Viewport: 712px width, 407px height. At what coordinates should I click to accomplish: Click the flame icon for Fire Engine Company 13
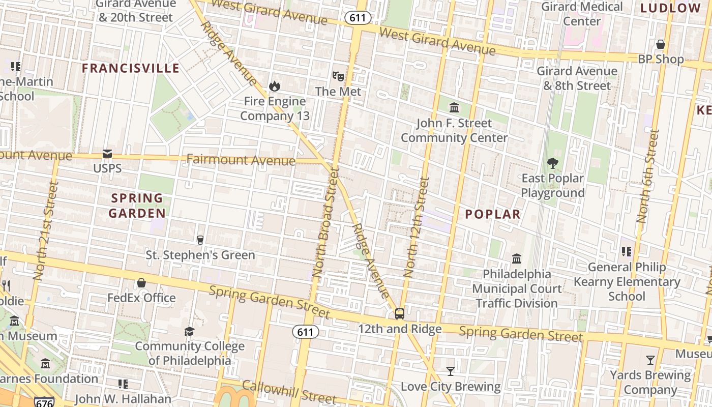tap(275, 86)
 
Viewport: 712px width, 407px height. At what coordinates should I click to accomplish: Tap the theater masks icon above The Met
tap(338, 76)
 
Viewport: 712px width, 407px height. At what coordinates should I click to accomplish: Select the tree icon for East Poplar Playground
tap(552, 163)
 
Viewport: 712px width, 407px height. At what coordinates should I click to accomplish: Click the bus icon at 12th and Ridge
tap(400, 313)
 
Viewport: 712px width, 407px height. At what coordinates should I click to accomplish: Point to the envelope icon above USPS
tap(107, 153)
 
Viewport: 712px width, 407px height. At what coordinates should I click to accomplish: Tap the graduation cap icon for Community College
tap(189, 331)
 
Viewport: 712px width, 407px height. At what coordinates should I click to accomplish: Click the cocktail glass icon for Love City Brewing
tap(450, 371)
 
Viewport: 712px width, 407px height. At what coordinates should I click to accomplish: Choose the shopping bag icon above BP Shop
tap(661, 44)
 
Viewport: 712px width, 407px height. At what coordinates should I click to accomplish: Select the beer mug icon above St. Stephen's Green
tap(200, 240)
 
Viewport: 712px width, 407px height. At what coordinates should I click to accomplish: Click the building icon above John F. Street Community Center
tap(454, 108)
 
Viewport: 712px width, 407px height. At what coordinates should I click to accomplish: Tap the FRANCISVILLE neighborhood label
tap(131, 68)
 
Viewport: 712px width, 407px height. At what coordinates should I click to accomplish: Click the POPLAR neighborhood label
tap(493, 214)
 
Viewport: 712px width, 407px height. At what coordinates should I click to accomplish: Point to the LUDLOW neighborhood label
tap(670, 8)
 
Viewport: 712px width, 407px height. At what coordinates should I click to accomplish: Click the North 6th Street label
tap(647, 176)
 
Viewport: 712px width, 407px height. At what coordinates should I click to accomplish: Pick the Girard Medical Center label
tap(582, 14)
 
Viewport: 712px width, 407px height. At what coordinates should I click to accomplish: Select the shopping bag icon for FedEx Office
tap(141, 283)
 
